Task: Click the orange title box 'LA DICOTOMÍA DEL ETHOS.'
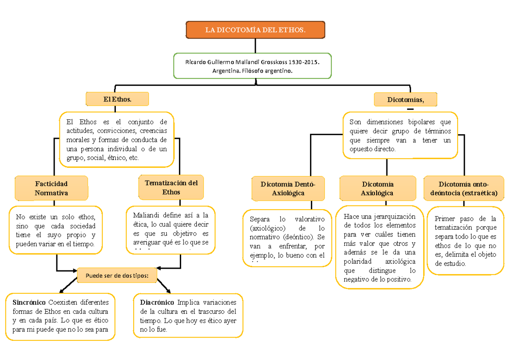[255, 30]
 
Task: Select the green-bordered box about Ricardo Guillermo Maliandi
[252, 66]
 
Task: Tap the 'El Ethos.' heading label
[117, 99]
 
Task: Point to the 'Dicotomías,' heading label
[406, 100]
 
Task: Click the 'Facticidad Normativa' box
[51, 188]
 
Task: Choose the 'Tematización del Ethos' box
[171, 187]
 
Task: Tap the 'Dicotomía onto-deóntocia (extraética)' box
[463, 188]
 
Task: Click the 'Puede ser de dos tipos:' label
[117, 276]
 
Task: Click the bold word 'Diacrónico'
[157, 303]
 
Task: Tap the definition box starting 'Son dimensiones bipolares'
[400, 135]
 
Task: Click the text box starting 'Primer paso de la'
[465, 241]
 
